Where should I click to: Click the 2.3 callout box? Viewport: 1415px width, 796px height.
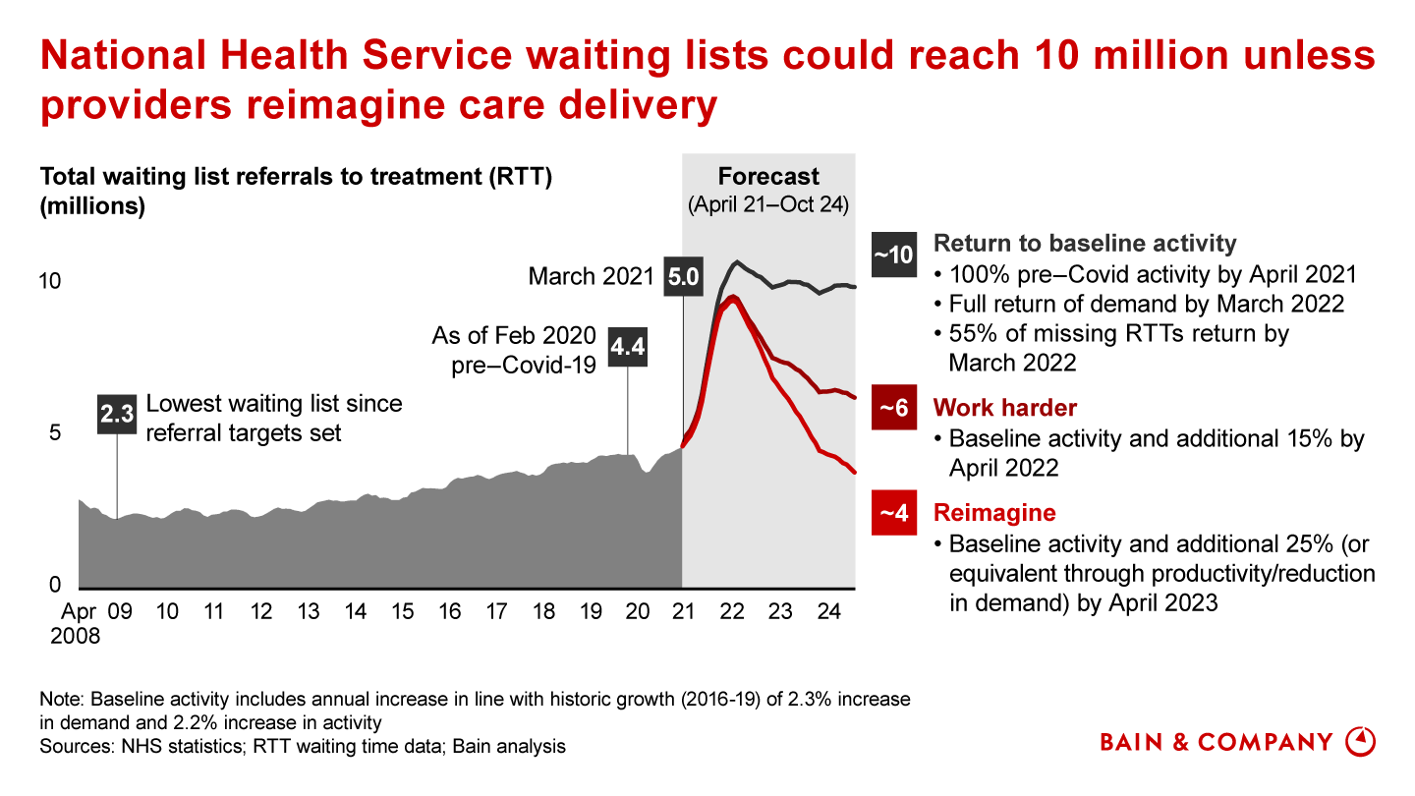point(118,414)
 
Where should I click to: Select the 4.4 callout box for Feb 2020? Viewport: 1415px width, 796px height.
point(628,347)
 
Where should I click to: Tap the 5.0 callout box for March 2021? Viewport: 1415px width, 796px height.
point(683,276)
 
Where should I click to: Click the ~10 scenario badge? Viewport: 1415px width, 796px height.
point(894,254)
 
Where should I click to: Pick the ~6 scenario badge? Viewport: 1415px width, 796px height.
point(894,408)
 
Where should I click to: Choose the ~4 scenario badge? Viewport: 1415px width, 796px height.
point(894,513)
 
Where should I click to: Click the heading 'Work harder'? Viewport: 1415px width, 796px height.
point(1005,408)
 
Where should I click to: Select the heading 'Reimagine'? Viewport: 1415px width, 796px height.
point(994,513)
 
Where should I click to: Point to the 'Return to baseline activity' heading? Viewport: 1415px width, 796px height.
point(1085,244)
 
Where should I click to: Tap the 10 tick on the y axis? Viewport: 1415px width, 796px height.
point(49,281)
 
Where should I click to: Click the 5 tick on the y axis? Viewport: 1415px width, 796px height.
point(56,433)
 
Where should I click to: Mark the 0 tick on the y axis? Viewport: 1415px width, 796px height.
point(56,586)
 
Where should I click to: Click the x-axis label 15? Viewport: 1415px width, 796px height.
point(403,612)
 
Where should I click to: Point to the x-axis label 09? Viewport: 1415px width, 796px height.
point(120,612)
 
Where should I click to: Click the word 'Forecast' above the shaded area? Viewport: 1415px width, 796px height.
point(768,177)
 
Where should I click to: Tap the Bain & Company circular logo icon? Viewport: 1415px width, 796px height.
point(1360,741)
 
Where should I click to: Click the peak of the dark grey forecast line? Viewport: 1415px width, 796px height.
point(737,261)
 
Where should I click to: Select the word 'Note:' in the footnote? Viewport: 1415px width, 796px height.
point(61,700)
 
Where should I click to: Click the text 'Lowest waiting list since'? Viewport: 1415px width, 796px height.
point(274,404)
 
